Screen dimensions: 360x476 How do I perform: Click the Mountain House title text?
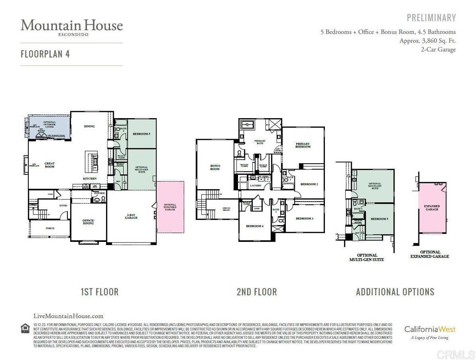point(72,25)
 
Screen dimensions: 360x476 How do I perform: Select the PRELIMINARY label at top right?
point(431,18)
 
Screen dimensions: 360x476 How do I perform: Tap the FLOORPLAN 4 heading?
point(45,53)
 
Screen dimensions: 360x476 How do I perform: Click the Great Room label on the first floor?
point(50,165)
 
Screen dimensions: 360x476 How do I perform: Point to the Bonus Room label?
point(215,167)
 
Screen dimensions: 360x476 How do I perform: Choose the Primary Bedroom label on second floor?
point(303,145)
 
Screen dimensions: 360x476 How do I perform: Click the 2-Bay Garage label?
point(131,216)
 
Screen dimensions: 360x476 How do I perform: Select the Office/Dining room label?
point(88,221)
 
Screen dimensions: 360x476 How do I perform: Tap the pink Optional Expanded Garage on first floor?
point(170,207)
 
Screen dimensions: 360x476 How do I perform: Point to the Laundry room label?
point(256,186)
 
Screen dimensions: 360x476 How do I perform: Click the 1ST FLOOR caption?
point(99,292)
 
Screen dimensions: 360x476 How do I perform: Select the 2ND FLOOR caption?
point(257,292)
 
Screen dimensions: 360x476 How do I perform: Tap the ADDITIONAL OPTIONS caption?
point(395,292)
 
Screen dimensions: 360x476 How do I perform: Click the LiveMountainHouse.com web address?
point(69,316)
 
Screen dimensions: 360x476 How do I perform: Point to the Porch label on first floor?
point(50,228)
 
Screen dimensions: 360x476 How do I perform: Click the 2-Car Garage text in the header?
point(438,49)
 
